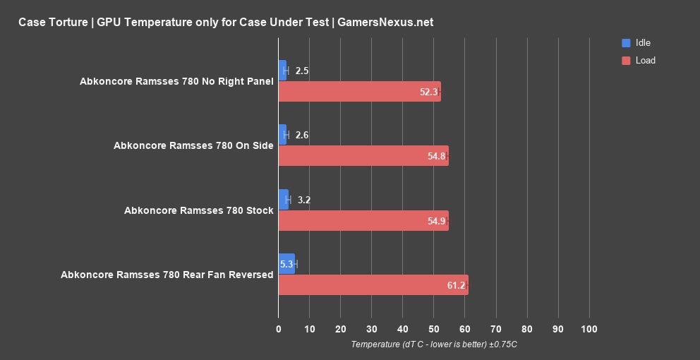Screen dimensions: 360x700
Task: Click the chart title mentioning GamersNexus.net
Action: coord(226,22)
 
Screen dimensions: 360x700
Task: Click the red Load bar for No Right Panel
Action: coord(359,92)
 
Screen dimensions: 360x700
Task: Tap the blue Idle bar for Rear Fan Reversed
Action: coord(286,264)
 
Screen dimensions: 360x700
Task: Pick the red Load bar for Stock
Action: coord(363,221)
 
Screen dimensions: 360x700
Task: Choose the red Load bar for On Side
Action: coord(363,156)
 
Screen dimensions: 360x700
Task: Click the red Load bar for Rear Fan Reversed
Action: coord(373,285)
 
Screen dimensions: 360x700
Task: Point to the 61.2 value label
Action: coord(456,286)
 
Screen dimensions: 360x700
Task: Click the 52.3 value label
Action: coord(428,92)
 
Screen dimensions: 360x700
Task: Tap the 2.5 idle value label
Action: coord(302,71)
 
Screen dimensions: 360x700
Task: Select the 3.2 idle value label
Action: coord(304,200)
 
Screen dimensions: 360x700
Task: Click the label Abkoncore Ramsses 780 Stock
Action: coord(198,210)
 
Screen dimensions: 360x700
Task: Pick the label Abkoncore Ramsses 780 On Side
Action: coord(193,145)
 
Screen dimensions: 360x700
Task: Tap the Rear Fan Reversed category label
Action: coord(167,275)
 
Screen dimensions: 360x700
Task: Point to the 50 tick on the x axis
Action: coord(433,329)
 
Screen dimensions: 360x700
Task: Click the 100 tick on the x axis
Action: coord(589,329)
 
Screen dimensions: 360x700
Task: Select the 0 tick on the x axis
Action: coord(279,329)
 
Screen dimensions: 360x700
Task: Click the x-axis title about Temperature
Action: coord(433,344)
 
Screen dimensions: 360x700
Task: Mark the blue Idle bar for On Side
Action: coord(282,135)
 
